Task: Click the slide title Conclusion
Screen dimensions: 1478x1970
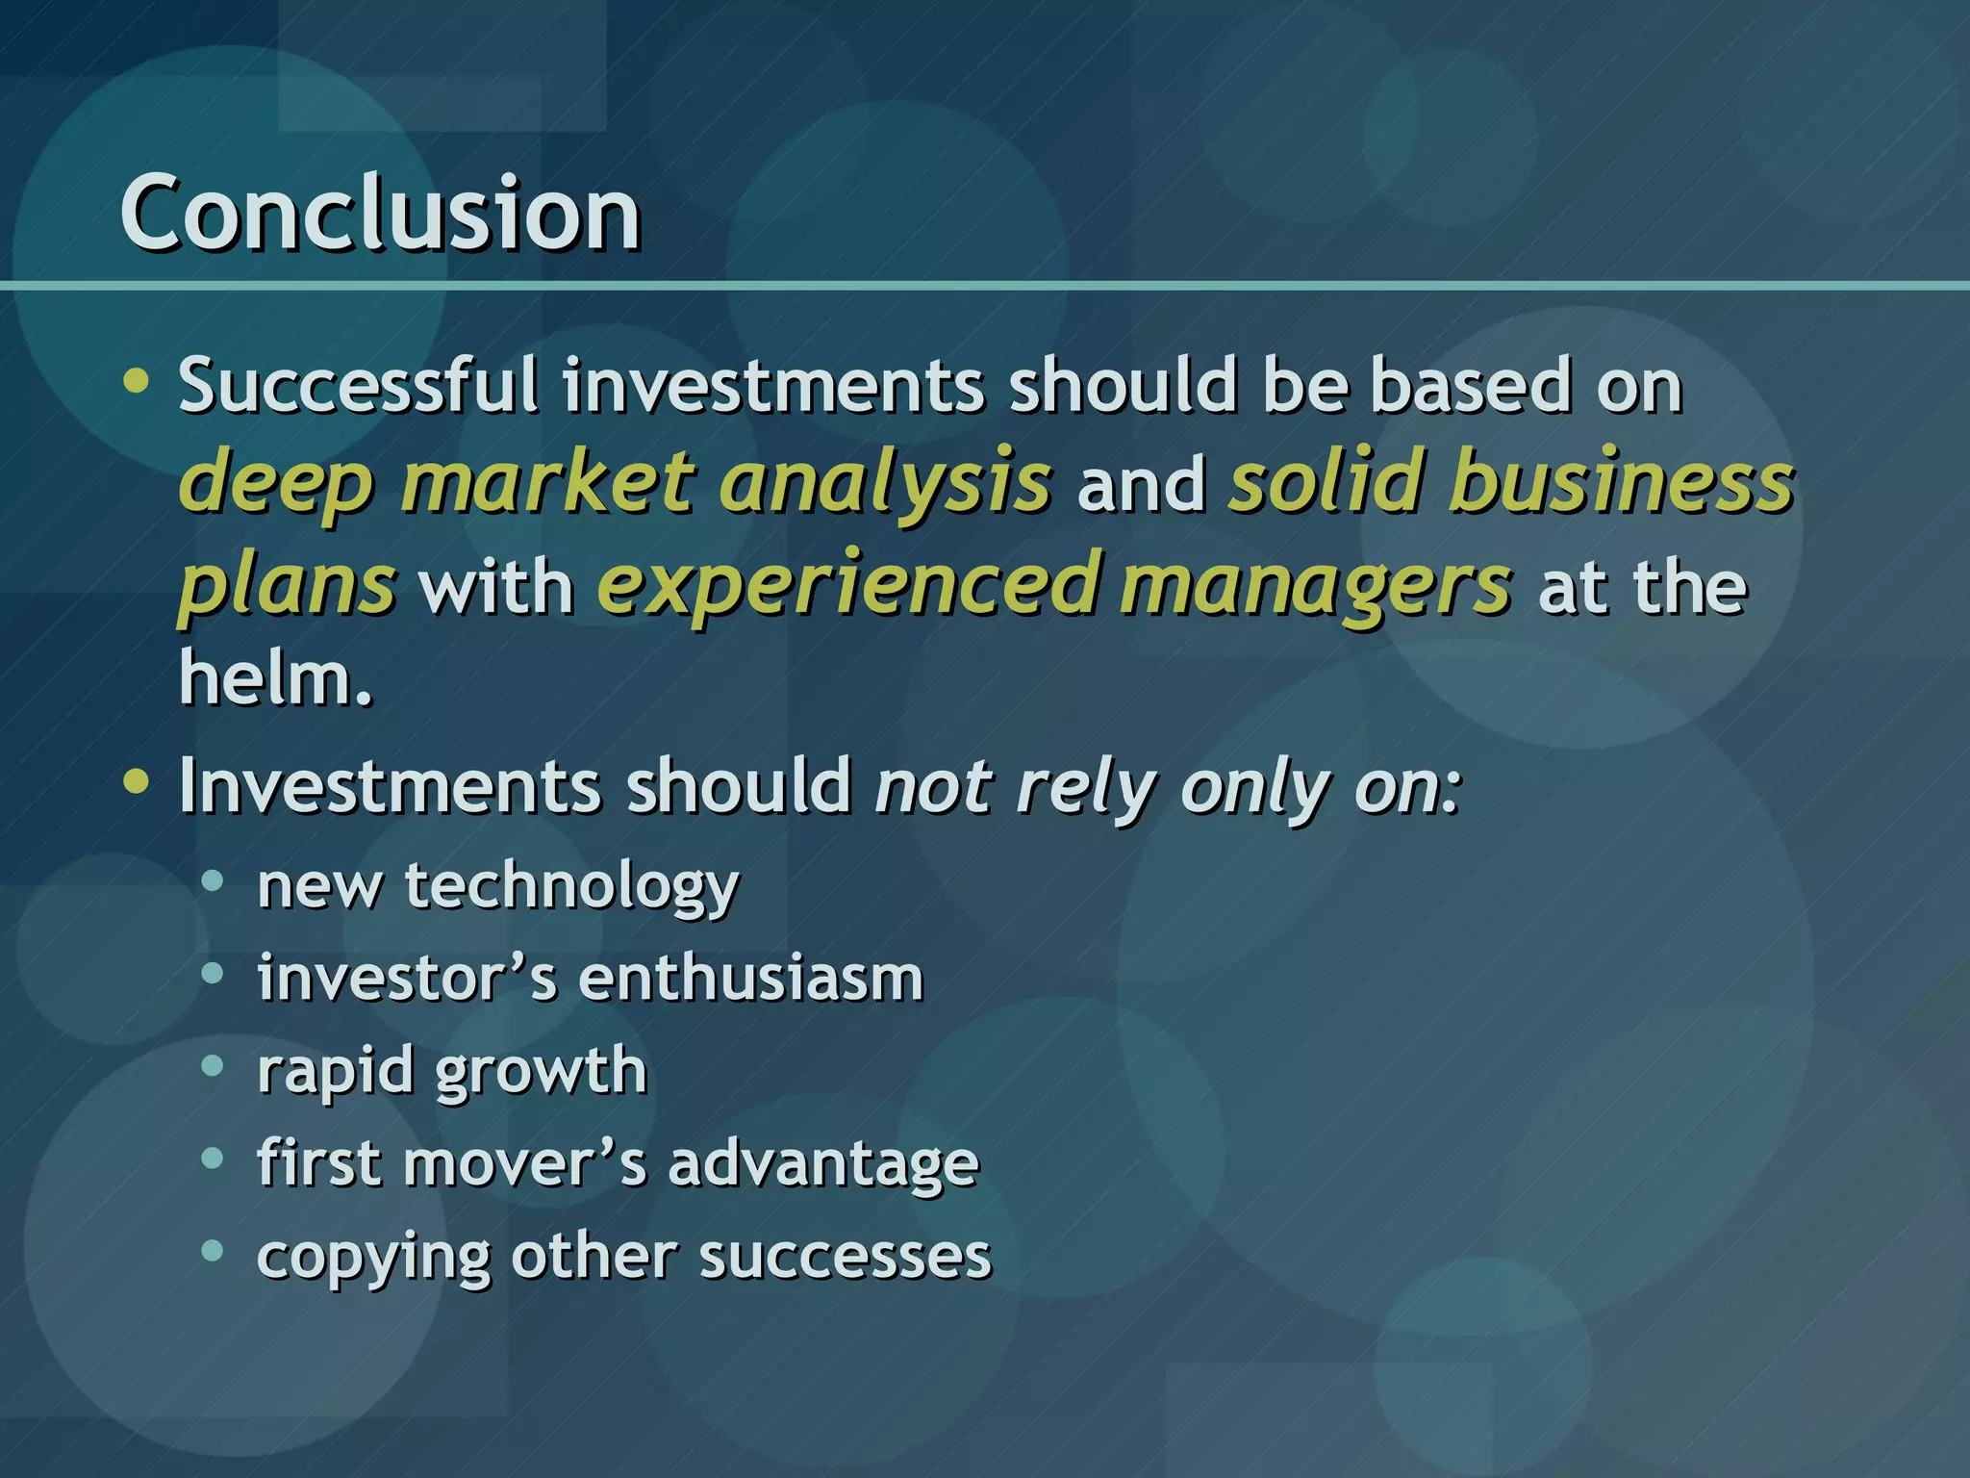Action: click(x=380, y=214)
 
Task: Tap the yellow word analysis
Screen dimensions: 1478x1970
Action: click(x=885, y=482)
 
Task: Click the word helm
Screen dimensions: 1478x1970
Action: click(x=274, y=678)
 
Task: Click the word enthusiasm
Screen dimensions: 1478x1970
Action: click(x=751, y=978)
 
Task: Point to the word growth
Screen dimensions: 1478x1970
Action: click(x=542, y=1071)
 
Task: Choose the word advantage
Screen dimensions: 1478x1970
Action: click(x=823, y=1163)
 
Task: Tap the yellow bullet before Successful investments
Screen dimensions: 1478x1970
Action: click(x=137, y=381)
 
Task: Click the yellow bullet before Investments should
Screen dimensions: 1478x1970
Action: click(x=137, y=781)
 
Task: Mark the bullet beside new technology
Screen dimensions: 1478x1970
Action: click(x=213, y=879)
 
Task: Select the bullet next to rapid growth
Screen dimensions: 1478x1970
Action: click(x=213, y=1065)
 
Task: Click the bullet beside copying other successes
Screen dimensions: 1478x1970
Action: click(x=213, y=1250)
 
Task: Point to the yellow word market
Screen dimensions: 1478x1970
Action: click(x=546, y=480)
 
